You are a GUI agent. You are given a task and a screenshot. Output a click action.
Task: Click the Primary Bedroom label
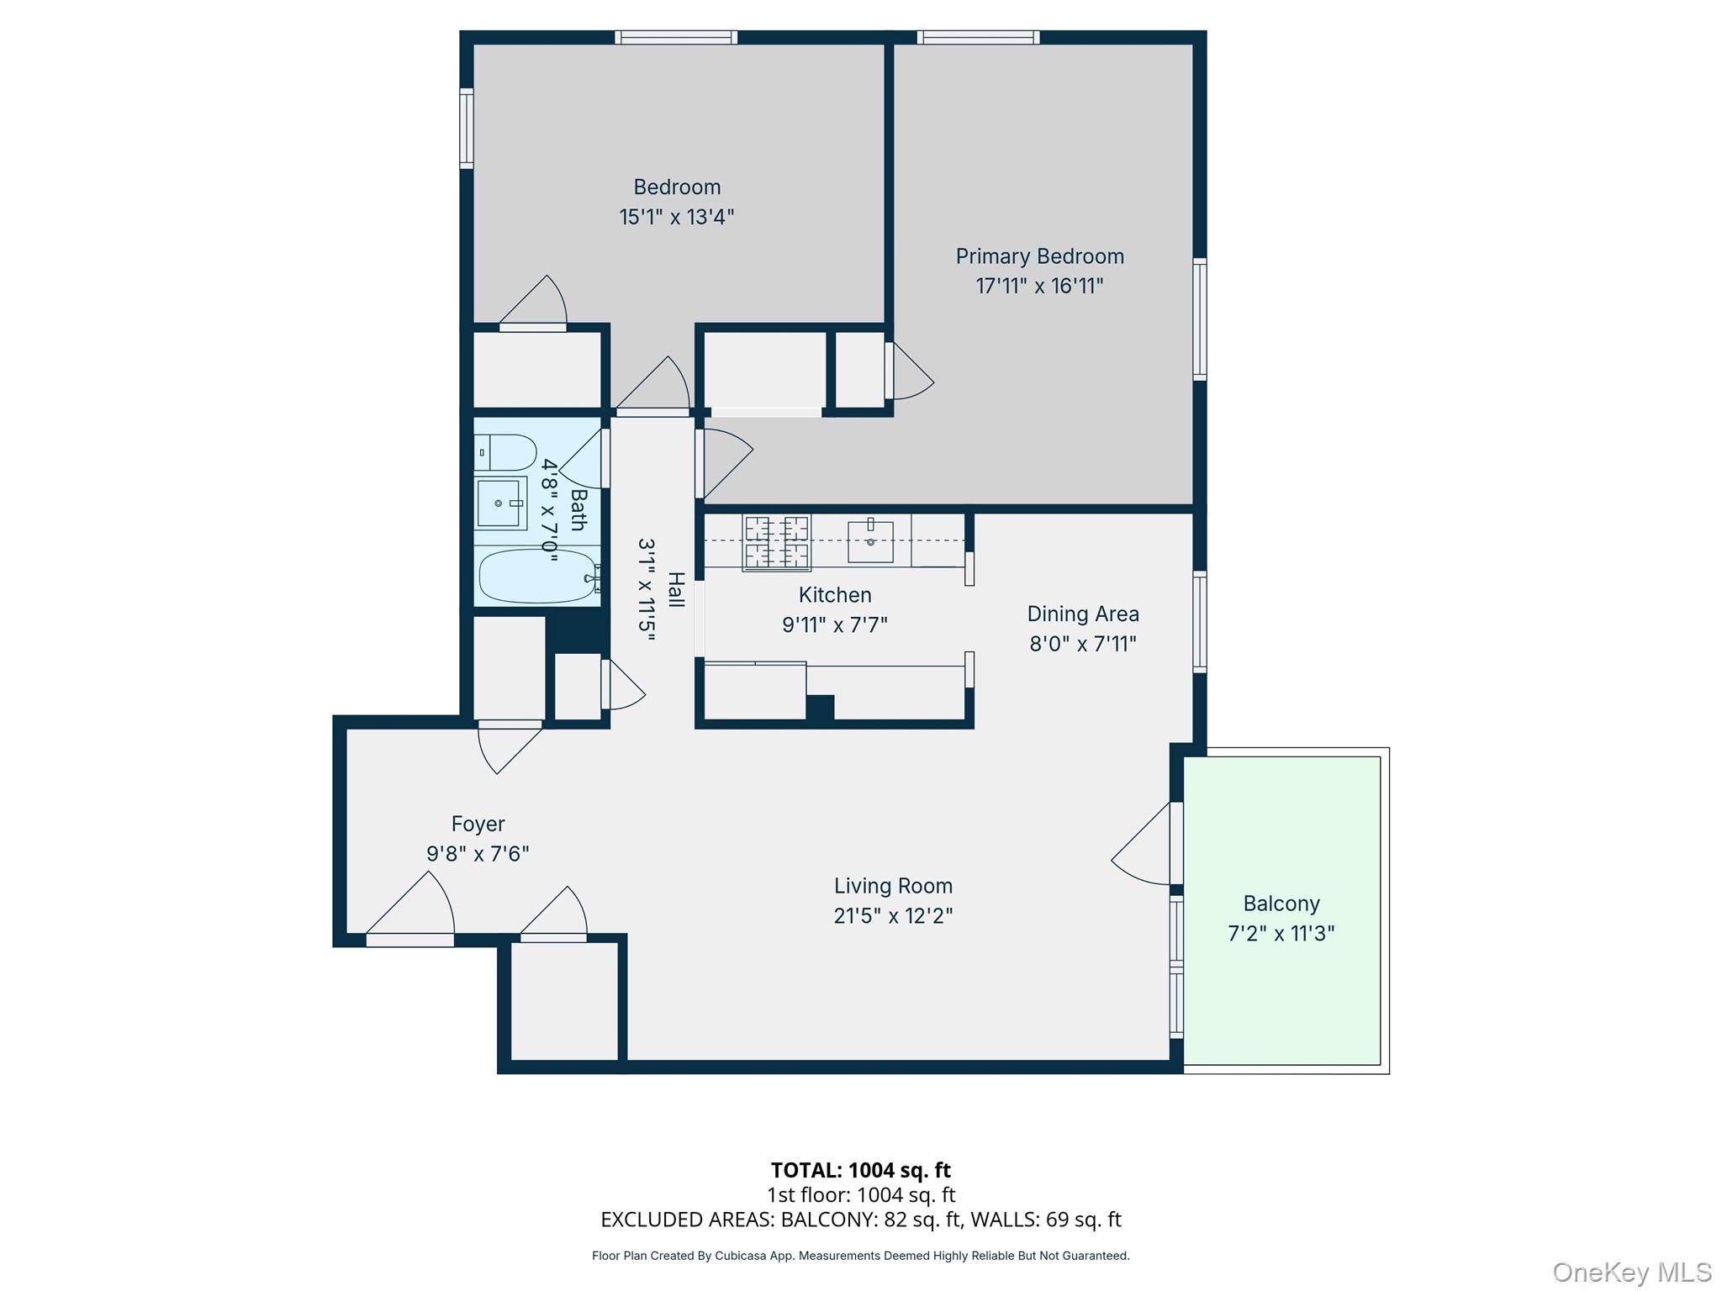[x=1039, y=256]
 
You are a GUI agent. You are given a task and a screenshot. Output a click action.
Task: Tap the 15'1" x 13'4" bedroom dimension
[x=676, y=217]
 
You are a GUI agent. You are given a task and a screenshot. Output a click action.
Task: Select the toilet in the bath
[x=505, y=452]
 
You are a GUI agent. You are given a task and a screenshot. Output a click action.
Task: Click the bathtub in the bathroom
[x=536, y=577]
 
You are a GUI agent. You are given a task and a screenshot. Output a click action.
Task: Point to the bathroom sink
[x=499, y=503]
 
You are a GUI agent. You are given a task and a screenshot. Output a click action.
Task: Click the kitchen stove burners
[x=776, y=542]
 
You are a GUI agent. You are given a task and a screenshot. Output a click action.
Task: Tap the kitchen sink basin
[x=870, y=541]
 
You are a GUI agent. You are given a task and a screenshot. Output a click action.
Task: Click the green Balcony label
[x=1281, y=904]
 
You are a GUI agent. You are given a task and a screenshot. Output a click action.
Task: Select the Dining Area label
[x=1082, y=614]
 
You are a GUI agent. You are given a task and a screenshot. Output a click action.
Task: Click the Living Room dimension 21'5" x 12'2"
[x=893, y=915]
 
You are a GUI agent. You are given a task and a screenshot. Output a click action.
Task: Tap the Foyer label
[x=478, y=824]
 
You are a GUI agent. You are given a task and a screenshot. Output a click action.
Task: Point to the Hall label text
[x=676, y=589]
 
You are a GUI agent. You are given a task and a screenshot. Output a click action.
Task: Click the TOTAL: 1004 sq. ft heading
[x=860, y=1170]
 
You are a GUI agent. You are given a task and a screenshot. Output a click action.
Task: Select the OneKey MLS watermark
[x=1631, y=1273]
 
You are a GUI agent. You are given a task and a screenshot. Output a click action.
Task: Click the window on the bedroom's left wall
[x=466, y=129]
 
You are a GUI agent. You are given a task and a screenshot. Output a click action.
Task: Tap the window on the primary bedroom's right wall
[x=1200, y=319]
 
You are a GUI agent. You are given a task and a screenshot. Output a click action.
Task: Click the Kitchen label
[x=834, y=595]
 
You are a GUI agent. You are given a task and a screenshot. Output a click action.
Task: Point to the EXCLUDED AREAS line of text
[x=860, y=1220]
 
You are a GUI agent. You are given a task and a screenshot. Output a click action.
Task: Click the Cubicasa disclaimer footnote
[x=860, y=1256]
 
